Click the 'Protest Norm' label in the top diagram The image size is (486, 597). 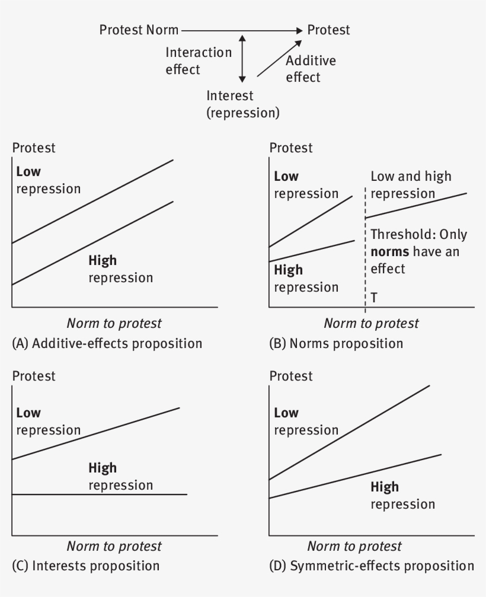(139, 30)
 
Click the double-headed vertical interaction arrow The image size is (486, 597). (242, 59)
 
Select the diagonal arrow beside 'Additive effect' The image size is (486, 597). (279, 59)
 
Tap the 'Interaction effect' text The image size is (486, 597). (199, 61)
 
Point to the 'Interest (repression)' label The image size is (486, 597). (243, 104)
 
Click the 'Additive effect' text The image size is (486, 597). (311, 69)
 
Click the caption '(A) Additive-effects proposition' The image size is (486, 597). (107, 343)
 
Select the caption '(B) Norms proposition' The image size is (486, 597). (336, 343)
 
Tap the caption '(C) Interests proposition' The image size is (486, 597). (85, 566)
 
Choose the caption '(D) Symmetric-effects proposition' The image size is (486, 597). (372, 566)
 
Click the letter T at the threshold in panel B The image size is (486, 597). (374, 298)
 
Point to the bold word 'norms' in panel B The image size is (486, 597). (390, 252)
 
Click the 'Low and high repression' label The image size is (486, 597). (411, 184)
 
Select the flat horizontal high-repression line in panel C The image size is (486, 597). (100, 494)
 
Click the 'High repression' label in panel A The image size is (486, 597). (121, 269)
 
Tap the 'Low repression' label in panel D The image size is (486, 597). (306, 421)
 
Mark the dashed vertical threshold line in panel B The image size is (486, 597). (365, 250)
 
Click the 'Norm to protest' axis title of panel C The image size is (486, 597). (114, 547)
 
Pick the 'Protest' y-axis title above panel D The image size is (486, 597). (291, 376)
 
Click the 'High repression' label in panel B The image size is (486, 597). (306, 278)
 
